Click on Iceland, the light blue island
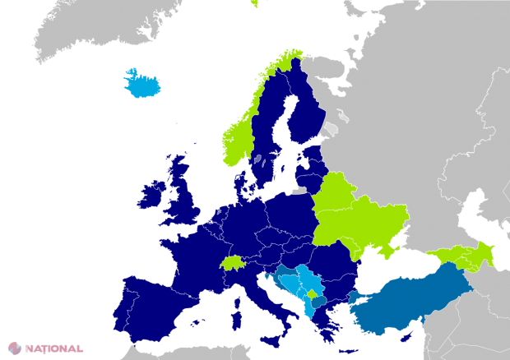(x=143, y=82)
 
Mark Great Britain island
(x=185, y=197)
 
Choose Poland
(x=288, y=214)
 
